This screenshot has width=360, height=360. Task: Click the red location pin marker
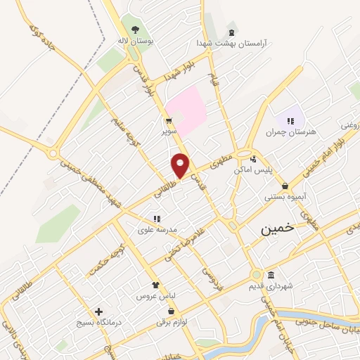pos(181,165)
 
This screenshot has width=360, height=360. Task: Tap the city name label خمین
pos(276,229)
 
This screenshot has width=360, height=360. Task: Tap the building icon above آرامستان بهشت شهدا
pos(231,32)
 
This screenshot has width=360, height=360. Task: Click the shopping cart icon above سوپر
pos(168,120)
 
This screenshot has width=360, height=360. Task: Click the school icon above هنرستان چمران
pos(290,121)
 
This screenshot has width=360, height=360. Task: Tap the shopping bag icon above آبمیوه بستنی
pos(285,186)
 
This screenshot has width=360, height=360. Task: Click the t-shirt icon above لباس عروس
pos(155,285)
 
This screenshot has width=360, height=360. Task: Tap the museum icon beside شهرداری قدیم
pos(271,274)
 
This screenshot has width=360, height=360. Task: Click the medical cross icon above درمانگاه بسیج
pos(98,311)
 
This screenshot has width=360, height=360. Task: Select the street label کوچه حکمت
pos(106,259)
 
